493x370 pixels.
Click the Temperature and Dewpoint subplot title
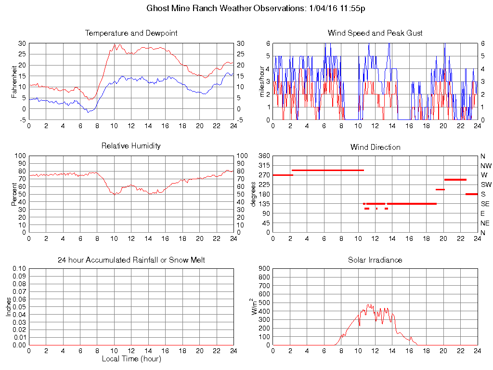click(x=131, y=33)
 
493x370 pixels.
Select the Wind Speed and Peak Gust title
click(x=375, y=33)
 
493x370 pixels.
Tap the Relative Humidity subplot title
click(x=131, y=145)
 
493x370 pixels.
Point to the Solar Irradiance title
click(x=375, y=260)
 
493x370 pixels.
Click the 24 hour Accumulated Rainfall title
click(x=131, y=260)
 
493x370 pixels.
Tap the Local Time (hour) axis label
click(x=131, y=359)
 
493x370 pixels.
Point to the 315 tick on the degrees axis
click(x=264, y=165)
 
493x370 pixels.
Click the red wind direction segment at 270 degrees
click(x=283, y=175)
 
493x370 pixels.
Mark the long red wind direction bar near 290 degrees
click(x=327, y=170)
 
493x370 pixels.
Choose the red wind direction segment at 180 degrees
click(x=471, y=194)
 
